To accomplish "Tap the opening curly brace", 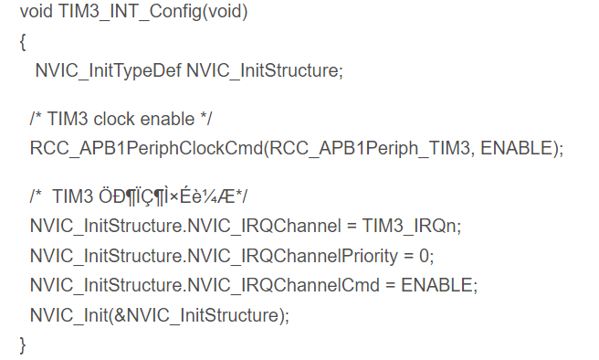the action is click(23, 42).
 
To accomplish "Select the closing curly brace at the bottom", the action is click(23, 345).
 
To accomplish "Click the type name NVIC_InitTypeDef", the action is click(108, 71).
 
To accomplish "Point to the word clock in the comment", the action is click(114, 119).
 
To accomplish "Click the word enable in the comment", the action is click(168, 119).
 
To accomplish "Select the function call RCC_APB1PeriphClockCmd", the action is click(147, 149).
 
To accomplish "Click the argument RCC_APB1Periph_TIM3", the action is click(370, 149).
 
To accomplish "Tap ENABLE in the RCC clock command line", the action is click(517, 148).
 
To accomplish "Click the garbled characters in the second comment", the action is click(166, 197).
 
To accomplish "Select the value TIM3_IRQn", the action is click(409, 227).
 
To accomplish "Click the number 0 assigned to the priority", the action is click(424, 256).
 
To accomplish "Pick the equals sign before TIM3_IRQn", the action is click(352, 227).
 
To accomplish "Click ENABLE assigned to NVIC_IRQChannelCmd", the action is click(437, 285).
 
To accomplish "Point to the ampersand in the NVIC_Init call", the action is click(120, 315).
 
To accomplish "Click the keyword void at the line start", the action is click(37, 12).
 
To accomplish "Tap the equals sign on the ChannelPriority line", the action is click(409, 256).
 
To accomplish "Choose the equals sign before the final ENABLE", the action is click(390, 285).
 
